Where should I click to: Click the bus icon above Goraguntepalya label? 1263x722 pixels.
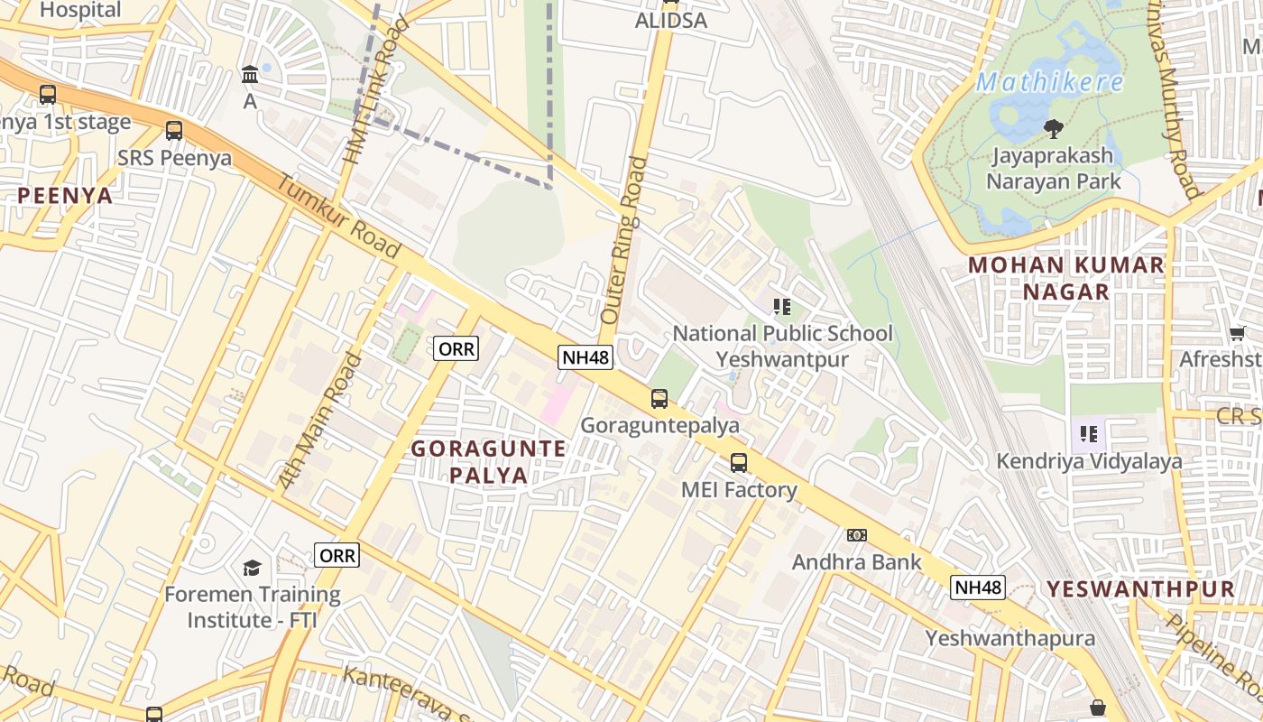click(x=659, y=398)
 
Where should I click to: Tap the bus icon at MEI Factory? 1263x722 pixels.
click(x=739, y=463)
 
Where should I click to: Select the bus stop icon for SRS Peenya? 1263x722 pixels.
click(x=174, y=131)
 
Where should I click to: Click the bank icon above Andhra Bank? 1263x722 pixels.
click(x=857, y=535)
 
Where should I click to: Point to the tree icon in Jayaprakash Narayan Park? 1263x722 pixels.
click(x=1053, y=129)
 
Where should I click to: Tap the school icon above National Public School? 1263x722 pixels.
click(x=782, y=307)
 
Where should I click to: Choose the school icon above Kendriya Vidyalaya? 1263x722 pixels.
click(x=1089, y=434)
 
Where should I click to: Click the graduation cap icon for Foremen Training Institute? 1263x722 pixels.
click(x=252, y=568)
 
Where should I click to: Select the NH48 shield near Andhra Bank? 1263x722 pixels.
click(x=978, y=588)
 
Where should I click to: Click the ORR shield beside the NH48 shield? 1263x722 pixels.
click(x=456, y=348)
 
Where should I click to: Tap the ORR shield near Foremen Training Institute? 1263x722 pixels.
click(x=337, y=555)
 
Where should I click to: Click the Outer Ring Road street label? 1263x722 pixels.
click(x=623, y=241)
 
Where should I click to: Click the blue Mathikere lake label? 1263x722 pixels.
click(x=1050, y=83)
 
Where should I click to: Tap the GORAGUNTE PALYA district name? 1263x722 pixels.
click(x=489, y=461)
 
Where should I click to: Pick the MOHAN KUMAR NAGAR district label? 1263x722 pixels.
click(x=1065, y=278)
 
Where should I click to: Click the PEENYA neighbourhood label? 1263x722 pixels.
click(x=65, y=195)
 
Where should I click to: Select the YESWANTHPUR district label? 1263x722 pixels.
click(x=1140, y=589)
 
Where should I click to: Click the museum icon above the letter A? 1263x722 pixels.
click(x=250, y=75)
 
